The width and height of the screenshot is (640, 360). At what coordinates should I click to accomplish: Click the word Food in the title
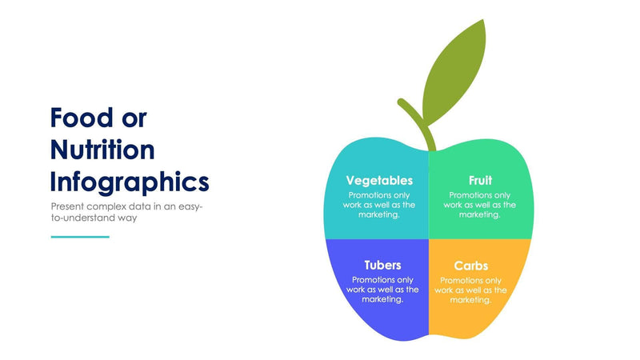pos(78,118)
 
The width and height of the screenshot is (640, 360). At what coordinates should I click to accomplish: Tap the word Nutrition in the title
pos(102,150)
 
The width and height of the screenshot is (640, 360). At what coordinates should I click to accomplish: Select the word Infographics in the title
pos(130,182)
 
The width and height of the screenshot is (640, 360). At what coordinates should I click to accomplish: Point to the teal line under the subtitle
pos(80,236)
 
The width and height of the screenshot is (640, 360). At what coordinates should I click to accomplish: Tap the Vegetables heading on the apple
pos(379,181)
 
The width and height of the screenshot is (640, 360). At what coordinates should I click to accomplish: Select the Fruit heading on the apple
pos(480,181)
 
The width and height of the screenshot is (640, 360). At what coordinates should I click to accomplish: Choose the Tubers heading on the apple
pos(382,265)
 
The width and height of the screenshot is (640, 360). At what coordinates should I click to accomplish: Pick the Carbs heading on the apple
pos(470,266)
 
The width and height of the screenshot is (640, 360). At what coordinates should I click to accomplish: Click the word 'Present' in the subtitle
pos(66,206)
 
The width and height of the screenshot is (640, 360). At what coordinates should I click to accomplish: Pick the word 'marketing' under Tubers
pos(382,299)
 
